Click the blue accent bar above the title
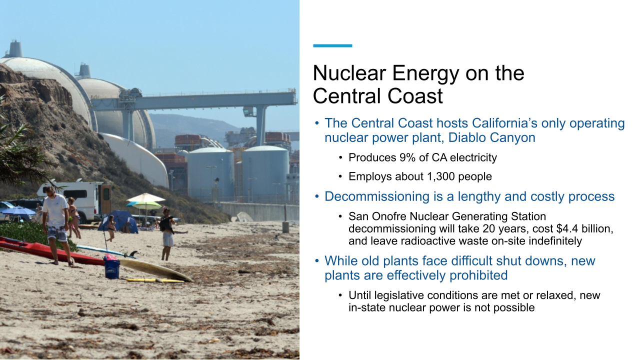(x=332, y=45)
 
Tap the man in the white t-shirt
(x=56, y=220)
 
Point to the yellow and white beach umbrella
(x=145, y=198)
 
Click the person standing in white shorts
(x=167, y=235)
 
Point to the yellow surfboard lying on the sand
(x=155, y=270)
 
